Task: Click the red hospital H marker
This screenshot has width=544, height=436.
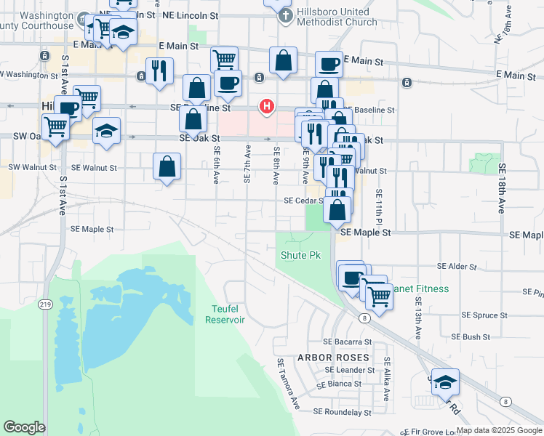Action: [x=267, y=106]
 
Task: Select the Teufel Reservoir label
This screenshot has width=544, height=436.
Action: [x=225, y=315]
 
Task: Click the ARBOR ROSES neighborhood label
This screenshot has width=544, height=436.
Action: [x=333, y=358]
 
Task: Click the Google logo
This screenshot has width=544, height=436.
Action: [x=24, y=427]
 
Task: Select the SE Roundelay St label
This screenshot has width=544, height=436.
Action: [x=342, y=412]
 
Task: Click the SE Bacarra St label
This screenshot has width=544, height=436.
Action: [x=347, y=342]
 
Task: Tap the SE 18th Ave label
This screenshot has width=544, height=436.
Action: [x=501, y=187]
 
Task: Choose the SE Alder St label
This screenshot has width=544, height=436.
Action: [x=457, y=267]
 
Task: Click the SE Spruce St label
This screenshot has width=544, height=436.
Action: [x=484, y=315]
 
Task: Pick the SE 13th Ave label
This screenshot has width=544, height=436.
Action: [x=418, y=318]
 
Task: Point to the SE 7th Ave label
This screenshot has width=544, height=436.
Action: [x=247, y=163]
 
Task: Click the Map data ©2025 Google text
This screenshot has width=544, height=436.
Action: [x=499, y=430]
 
